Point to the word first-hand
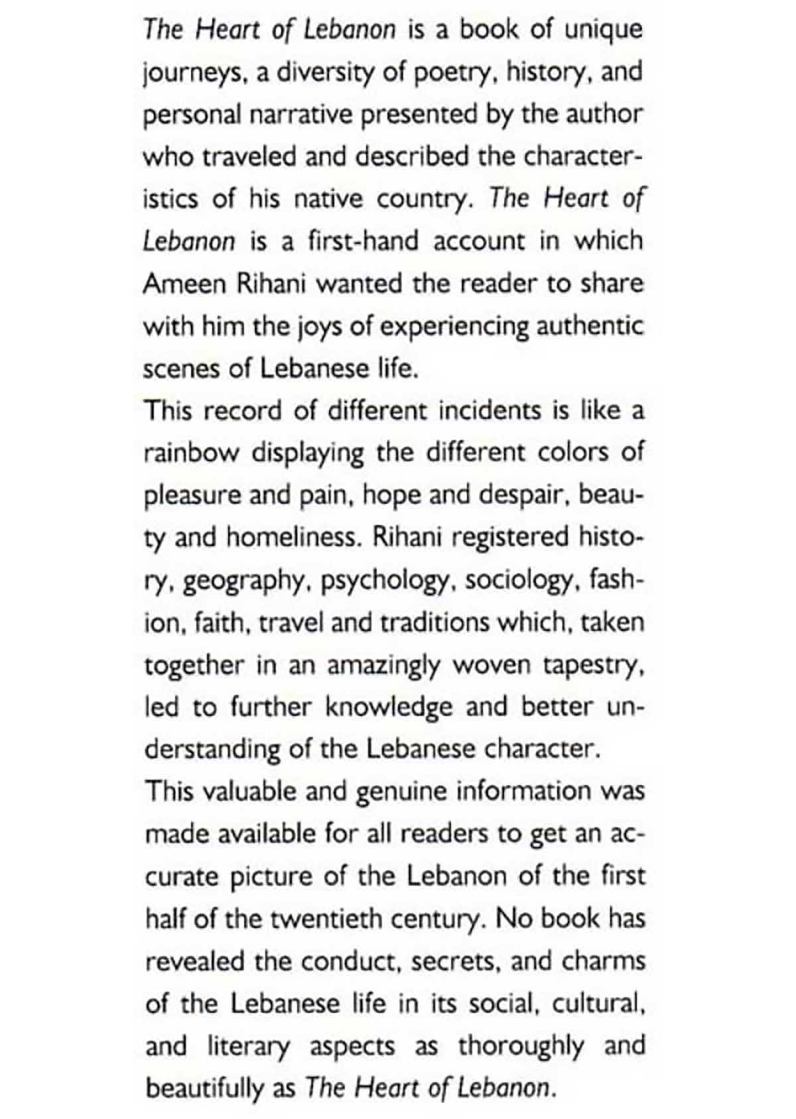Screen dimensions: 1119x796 (362, 241)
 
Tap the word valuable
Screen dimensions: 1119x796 (249, 792)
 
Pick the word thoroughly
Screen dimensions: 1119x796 (521, 1047)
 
